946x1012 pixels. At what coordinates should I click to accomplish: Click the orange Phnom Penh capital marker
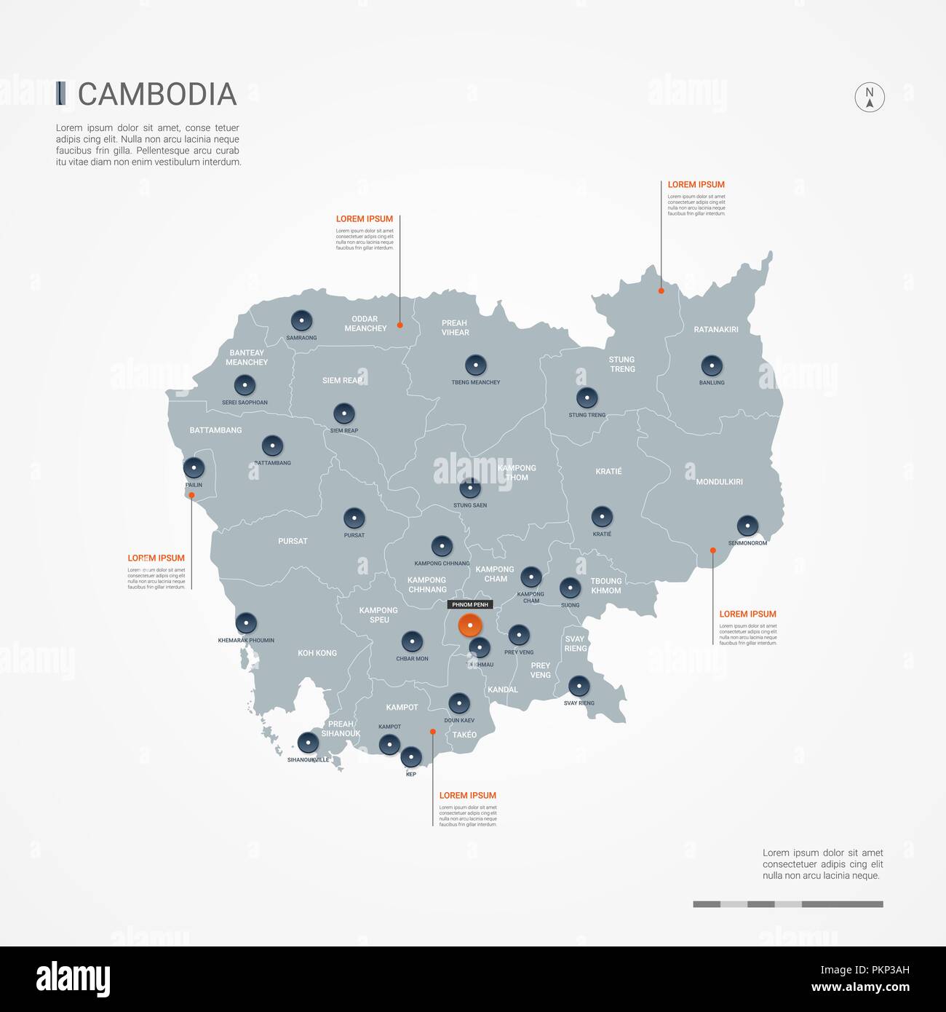tap(470, 625)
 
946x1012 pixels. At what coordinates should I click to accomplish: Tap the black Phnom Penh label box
tap(470, 604)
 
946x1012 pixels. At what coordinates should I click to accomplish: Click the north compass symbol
tap(870, 97)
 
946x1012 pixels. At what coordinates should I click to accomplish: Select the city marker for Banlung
tap(712, 365)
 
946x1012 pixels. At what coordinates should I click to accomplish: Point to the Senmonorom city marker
tap(747, 526)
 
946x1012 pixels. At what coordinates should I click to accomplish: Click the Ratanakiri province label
tap(716, 330)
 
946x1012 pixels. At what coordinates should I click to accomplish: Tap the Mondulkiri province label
tap(719, 482)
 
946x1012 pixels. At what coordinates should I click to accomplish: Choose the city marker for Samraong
tap(301, 320)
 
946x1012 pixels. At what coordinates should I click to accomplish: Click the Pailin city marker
tap(194, 467)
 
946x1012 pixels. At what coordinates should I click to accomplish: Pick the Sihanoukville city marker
tap(309, 743)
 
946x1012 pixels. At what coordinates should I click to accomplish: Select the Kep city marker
tap(411, 757)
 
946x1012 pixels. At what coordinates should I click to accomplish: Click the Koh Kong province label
tap(317, 653)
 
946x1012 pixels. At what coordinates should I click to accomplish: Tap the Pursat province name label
tap(293, 541)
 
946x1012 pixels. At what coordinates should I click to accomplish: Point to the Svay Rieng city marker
tap(579, 686)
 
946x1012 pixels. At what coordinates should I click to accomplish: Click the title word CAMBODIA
tap(157, 94)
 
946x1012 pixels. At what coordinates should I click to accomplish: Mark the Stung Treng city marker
tap(587, 398)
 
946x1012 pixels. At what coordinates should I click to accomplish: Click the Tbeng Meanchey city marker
tap(476, 365)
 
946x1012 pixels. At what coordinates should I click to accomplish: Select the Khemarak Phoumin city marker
tap(246, 623)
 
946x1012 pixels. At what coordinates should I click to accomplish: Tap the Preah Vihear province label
tap(456, 328)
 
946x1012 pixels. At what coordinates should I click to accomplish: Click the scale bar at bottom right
tap(788, 904)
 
